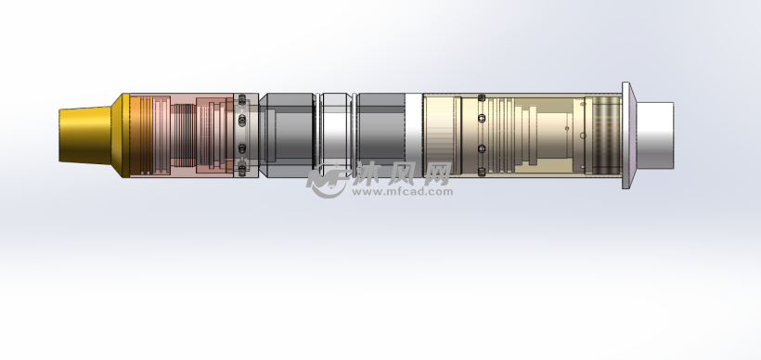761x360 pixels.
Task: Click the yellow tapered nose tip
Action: click(85, 135)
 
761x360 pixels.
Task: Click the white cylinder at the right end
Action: click(654, 135)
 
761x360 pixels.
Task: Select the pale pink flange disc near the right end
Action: click(628, 135)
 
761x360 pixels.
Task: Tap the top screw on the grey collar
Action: click(242, 99)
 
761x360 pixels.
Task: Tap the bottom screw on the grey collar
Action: click(242, 171)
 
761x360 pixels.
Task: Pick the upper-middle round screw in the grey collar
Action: click(242, 120)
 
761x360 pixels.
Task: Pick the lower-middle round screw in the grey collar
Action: click(242, 148)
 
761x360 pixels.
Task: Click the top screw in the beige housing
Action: click(482, 98)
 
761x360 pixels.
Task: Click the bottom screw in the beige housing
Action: click(482, 172)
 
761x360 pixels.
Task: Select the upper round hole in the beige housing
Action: click(482, 118)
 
